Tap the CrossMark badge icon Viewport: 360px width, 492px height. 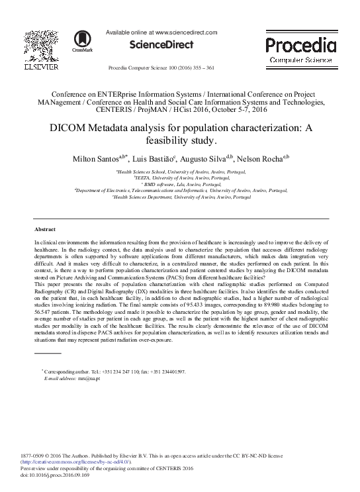pyautogui.click(x=83, y=40)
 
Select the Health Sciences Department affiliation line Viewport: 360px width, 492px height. pyautogui.click(x=181, y=197)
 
